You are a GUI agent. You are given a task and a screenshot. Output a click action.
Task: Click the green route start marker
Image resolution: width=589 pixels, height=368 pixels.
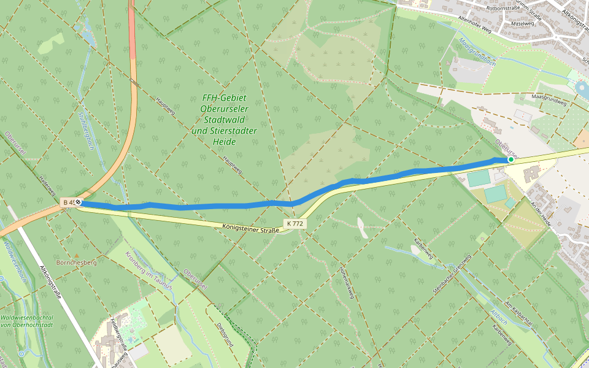(510, 159)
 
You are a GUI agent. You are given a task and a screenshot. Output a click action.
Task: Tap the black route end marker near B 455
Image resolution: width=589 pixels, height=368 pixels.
(79, 202)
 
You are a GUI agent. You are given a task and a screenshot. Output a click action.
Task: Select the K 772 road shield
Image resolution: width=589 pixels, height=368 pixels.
(294, 224)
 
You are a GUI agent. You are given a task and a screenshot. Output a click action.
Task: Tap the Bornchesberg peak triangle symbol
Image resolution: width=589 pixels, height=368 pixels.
(77, 255)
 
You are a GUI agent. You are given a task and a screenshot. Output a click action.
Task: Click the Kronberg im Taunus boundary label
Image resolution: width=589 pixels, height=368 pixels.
(149, 270)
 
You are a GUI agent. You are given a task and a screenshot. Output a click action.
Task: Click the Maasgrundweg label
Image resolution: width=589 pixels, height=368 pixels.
(549, 100)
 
